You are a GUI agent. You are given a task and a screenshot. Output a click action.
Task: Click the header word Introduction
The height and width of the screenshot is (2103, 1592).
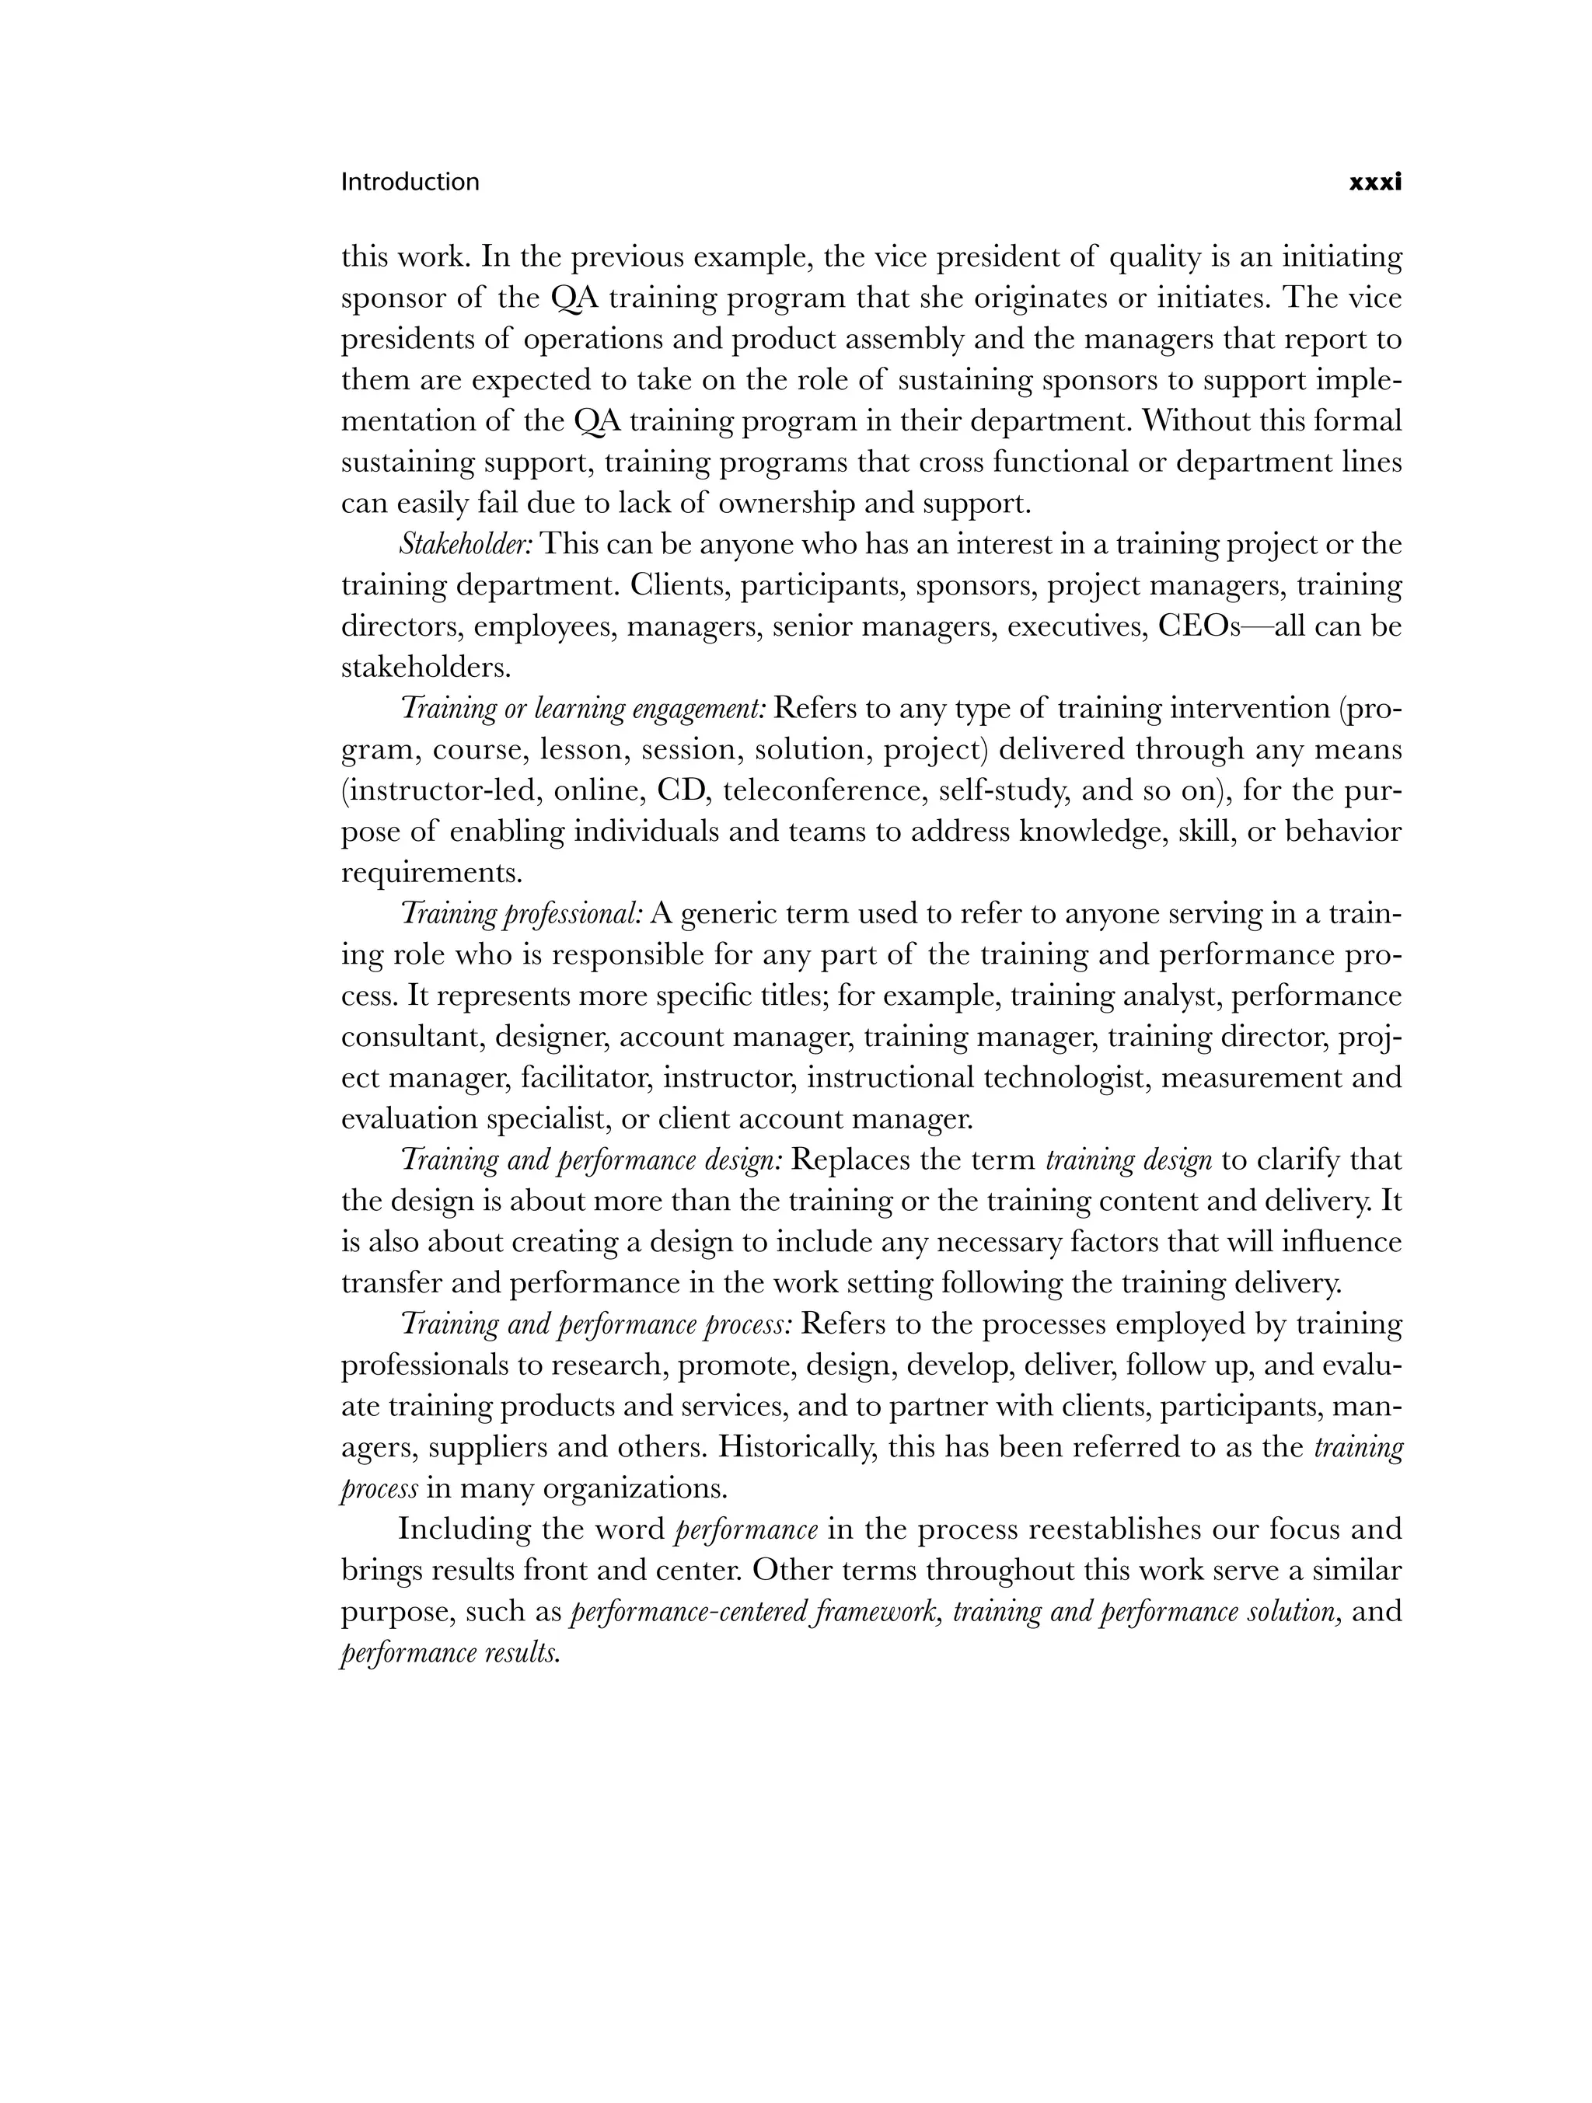point(410,182)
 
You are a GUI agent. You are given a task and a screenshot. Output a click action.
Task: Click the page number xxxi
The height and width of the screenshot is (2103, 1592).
point(1375,183)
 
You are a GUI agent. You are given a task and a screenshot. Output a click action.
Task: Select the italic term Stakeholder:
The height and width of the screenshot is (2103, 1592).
point(465,545)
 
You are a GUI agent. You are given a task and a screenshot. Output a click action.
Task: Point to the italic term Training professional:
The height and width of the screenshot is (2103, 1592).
point(522,914)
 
